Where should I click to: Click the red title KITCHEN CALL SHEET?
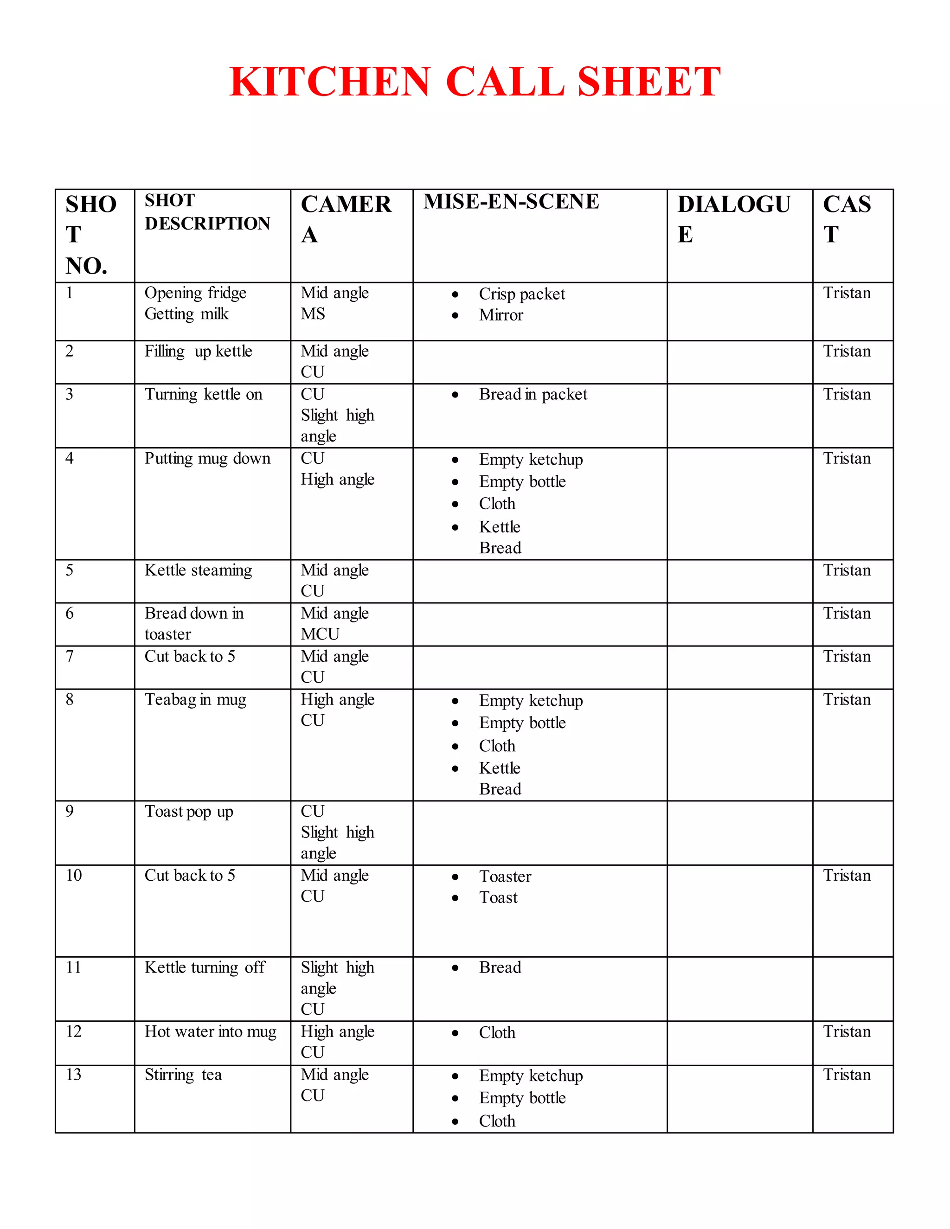click(x=475, y=82)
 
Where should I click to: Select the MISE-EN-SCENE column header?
click(x=511, y=201)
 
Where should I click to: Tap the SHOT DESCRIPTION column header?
click(x=207, y=211)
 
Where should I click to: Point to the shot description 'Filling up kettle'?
click(x=198, y=351)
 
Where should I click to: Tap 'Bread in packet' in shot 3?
click(x=533, y=395)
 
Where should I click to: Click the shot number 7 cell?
click(x=70, y=656)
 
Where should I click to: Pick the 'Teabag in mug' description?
click(x=195, y=699)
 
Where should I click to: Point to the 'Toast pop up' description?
click(x=188, y=812)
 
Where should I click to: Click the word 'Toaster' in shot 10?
click(x=505, y=876)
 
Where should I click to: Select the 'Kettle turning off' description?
click(x=205, y=967)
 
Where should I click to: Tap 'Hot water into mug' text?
click(x=211, y=1031)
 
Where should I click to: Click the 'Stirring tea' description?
click(x=183, y=1075)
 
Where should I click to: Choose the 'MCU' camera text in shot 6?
click(x=320, y=634)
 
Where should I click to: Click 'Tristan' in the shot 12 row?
click(x=847, y=1031)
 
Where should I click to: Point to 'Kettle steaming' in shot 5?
click(x=198, y=570)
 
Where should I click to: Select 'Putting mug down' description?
click(x=207, y=459)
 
